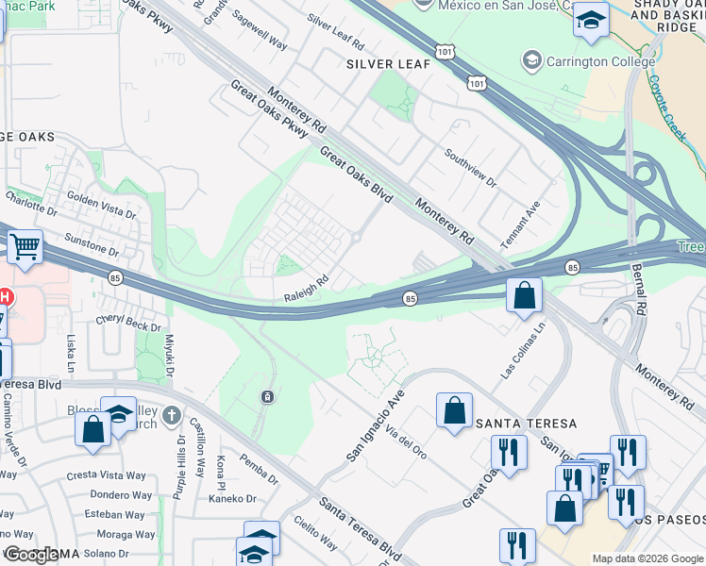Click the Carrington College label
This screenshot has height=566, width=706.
pos(600,62)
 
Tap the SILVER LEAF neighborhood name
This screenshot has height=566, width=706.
pos(388,64)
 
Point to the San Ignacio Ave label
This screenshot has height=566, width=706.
pos(375,424)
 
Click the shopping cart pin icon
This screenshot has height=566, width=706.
pos(25,247)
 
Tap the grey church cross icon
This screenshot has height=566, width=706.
pos(171,415)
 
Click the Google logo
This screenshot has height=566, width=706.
pos(30,556)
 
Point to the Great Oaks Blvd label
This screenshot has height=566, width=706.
pos(356,172)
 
